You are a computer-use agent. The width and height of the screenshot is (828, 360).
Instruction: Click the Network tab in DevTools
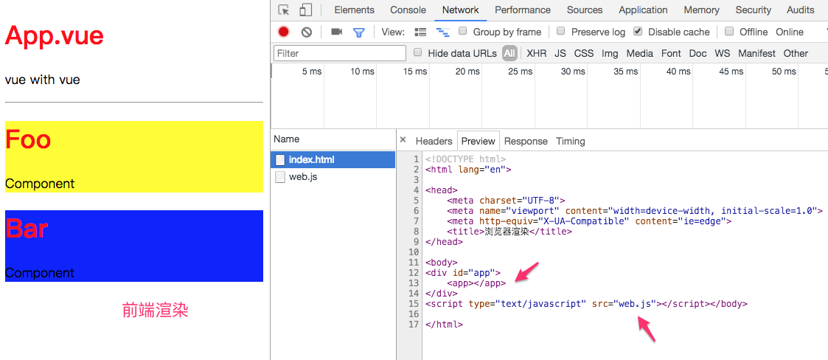point(461,10)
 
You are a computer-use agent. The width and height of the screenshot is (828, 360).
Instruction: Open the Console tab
point(408,10)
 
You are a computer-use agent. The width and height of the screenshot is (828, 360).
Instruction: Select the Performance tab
point(523,10)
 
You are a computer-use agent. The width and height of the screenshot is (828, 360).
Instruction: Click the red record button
point(284,32)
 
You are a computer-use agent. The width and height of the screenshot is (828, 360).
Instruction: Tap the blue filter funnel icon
point(358,32)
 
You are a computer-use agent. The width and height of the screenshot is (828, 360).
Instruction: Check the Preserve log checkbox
point(561,31)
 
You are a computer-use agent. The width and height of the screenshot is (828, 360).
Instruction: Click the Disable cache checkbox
point(638,31)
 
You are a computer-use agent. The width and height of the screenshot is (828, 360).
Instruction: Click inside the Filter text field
point(340,53)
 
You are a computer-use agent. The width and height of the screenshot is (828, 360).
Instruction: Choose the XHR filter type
point(537,53)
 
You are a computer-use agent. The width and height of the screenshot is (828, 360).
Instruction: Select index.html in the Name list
point(312,159)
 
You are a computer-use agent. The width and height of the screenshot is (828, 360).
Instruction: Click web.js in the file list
point(303,177)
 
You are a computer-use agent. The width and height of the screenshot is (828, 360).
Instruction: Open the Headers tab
point(434,141)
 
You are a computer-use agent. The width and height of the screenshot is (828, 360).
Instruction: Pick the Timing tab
point(570,141)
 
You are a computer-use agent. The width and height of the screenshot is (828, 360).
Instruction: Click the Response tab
point(526,141)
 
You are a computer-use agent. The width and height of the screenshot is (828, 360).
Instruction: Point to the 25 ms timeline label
point(520,72)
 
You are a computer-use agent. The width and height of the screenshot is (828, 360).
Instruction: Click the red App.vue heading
point(55,36)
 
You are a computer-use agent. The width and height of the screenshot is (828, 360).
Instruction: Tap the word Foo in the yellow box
point(28,139)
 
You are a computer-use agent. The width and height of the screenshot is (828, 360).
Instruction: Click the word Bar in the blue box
point(27,229)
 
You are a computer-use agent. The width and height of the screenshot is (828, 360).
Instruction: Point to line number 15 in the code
point(414,303)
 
